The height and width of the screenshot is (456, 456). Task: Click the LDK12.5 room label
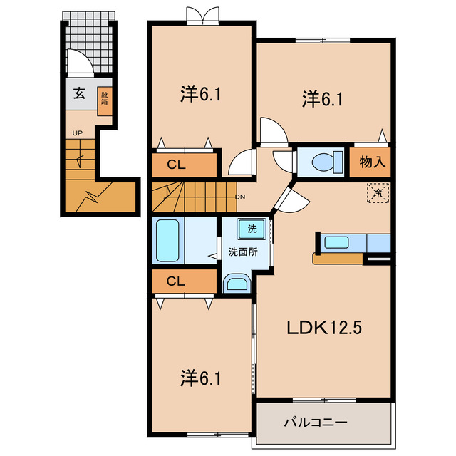(x=324, y=328)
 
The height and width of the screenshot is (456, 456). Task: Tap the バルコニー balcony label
(x=316, y=422)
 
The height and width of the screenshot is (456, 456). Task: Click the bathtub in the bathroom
(x=167, y=240)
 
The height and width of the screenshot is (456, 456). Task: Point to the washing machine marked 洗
(x=252, y=229)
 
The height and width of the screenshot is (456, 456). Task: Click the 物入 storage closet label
(x=373, y=162)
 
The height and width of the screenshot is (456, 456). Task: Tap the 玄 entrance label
(x=79, y=93)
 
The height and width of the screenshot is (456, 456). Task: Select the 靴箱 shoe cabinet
(x=105, y=101)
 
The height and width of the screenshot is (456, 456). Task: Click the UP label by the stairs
(x=78, y=133)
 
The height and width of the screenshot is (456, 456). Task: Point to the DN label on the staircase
(x=241, y=197)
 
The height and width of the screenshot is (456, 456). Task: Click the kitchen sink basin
(x=336, y=242)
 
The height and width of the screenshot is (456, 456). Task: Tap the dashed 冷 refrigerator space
(x=378, y=192)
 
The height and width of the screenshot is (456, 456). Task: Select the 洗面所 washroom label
(x=243, y=252)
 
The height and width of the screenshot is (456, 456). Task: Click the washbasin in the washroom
(x=237, y=283)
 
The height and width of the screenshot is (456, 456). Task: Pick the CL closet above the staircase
(x=185, y=165)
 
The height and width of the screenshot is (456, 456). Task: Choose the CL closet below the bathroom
(x=185, y=281)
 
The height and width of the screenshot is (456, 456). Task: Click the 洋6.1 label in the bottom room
(x=201, y=378)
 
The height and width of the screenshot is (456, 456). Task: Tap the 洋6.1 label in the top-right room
(x=323, y=99)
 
